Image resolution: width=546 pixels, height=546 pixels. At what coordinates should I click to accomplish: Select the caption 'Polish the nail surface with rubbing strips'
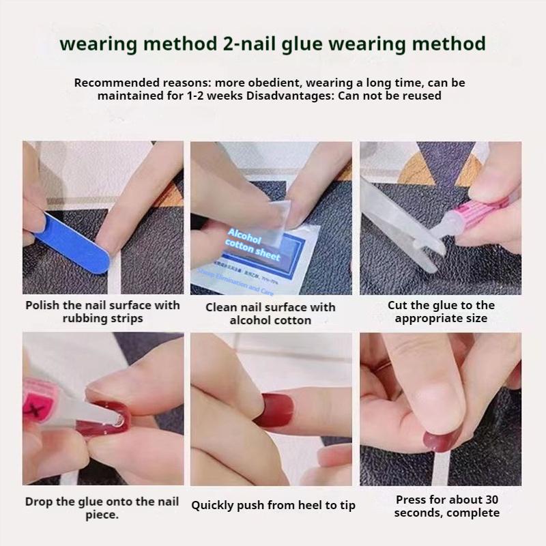pyautogui.click(x=102, y=312)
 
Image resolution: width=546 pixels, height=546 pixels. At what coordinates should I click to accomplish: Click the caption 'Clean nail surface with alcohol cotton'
pyautogui.click(x=271, y=314)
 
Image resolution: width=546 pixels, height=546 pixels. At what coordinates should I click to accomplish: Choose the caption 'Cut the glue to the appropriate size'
pyautogui.click(x=441, y=312)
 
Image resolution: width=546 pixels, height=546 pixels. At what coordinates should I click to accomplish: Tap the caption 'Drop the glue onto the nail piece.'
pyautogui.click(x=102, y=508)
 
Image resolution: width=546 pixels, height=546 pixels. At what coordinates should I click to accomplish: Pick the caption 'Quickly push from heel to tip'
pyautogui.click(x=273, y=506)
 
